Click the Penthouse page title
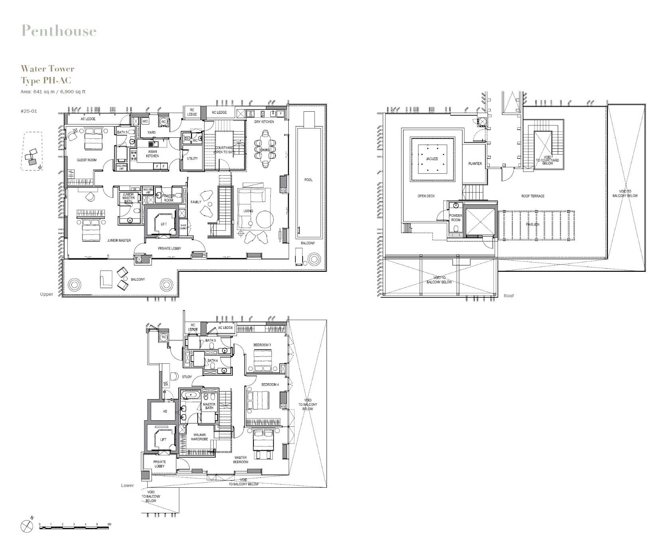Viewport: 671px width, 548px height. click(59, 31)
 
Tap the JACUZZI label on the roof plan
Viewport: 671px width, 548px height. click(432, 159)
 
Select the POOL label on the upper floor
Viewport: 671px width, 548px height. click(309, 180)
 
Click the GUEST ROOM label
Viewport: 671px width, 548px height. click(87, 160)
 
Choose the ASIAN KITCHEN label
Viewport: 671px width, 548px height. click(152, 154)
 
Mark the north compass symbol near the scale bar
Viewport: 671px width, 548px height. click(27, 526)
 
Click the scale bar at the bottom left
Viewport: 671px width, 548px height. click(74, 527)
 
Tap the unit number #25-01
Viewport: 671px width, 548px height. click(29, 111)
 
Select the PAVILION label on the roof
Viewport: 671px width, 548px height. click(533, 224)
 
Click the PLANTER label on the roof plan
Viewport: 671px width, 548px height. click(475, 164)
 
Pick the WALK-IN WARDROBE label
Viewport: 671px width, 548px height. click(199, 437)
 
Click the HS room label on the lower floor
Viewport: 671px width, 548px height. click(165, 411)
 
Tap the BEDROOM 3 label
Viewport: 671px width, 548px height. click(262, 345)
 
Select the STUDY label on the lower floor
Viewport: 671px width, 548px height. click(187, 377)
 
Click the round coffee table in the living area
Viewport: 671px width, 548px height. click(265, 220)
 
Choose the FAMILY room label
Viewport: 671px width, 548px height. click(196, 202)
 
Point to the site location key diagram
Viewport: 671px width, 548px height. click(31, 152)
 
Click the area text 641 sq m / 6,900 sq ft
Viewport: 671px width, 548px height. click(53, 92)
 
